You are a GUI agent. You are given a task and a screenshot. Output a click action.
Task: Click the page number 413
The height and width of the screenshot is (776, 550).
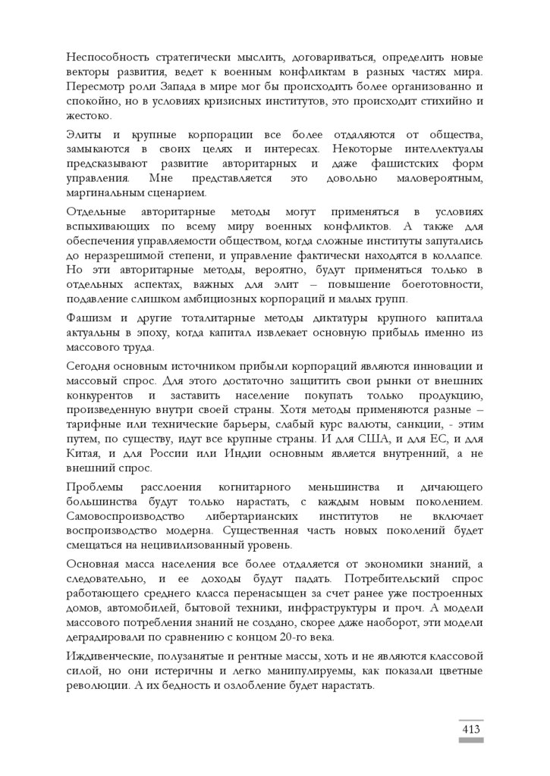click(470, 729)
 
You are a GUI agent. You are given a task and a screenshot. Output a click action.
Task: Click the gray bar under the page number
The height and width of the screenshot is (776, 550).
click(470, 740)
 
